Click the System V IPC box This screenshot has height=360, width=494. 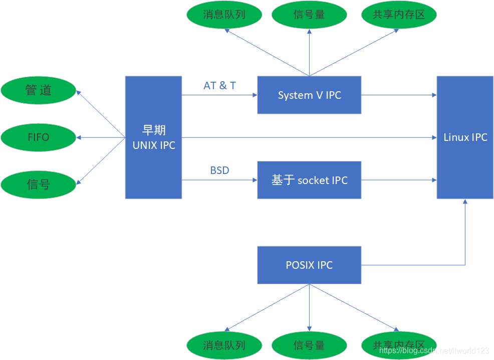click(x=309, y=95)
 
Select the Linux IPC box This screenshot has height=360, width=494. click(x=465, y=137)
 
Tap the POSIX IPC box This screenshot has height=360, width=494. click(x=309, y=265)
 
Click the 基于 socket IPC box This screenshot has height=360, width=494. click(x=309, y=180)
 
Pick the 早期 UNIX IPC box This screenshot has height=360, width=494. click(x=153, y=137)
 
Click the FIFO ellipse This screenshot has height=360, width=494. click(x=39, y=137)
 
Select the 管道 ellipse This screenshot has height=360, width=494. click(x=39, y=90)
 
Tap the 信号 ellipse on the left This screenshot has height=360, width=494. click(x=39, y=184)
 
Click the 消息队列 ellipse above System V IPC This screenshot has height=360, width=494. click(x=224, y=15)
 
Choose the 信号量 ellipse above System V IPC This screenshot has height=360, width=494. click(x=309, y=15)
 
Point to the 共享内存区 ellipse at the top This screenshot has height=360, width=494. click(x=399, y=15)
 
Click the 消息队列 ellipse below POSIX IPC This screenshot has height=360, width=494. click(x=224, y=345)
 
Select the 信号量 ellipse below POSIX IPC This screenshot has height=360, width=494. click(x=309, y=345)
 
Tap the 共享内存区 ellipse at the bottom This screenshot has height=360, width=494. click(x=399, y=345)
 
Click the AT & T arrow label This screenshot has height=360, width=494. click(x=219, y=86)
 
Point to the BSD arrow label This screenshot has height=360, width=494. click(x=219, y=170)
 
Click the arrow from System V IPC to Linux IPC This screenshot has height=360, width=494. click(x=398, y=95)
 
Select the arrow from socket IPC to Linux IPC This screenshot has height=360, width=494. click(x=398, y=180)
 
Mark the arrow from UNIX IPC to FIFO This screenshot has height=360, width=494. click(x=100, y=137)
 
